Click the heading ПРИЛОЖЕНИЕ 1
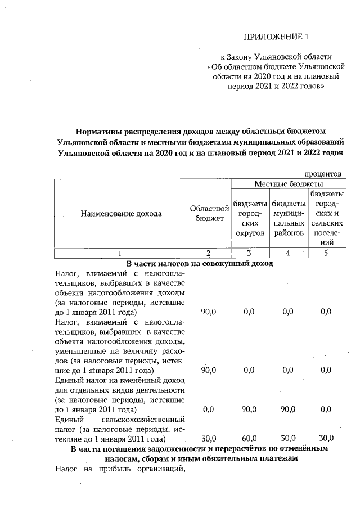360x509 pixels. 277,38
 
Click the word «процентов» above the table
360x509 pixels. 323,174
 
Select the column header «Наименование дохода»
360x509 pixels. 121,213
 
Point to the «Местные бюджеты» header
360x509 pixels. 289,184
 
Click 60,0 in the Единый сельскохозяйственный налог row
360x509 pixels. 249,438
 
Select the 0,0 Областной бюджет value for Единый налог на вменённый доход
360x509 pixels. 209,409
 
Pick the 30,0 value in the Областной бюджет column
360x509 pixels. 209,438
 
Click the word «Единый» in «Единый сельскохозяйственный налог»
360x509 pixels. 69,420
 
